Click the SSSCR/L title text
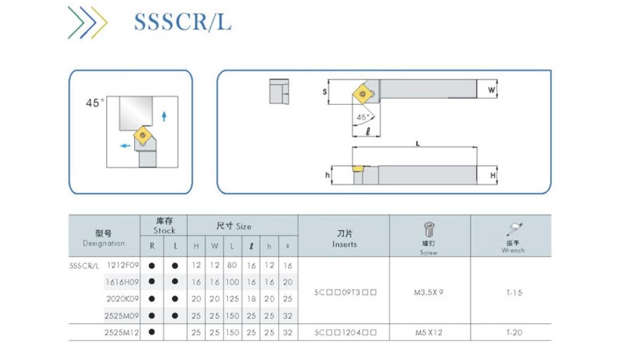pos(183,21)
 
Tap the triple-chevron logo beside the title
pos(88,23)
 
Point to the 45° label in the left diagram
pos(96,103)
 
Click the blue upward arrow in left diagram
pos(164,115)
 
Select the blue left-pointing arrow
pos(125,146)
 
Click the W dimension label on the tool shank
pos(492,90)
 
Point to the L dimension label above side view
pos(418,143)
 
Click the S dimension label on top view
pos(325,92)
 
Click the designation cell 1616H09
pos(122,282)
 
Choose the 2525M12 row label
pos(122,333)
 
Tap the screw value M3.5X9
pos(429,292)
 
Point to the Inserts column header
pos(344,239)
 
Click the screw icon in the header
pos(428,229)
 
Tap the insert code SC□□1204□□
pos(345,333)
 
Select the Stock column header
pos(165,226)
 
